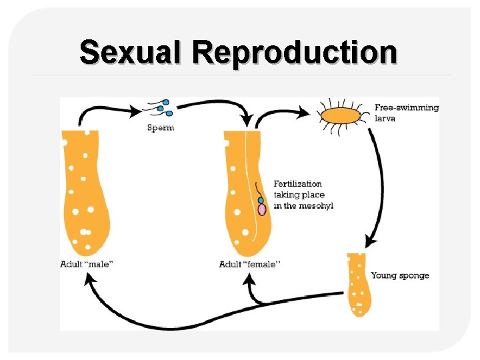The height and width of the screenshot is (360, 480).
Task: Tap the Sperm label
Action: point(161,127)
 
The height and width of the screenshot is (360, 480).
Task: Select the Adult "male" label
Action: point(87,265)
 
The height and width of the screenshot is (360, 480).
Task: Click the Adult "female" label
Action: point(249,265)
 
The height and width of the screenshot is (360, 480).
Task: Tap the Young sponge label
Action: point(400,275)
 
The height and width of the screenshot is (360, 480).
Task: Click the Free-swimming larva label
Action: point(406,112)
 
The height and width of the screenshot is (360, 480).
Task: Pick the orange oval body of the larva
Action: point(341,117)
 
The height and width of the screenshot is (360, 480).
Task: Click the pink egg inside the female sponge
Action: point(262,209)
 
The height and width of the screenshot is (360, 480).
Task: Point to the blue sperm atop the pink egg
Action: point(261,200)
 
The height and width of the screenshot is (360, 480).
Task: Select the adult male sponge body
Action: point(85,193)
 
